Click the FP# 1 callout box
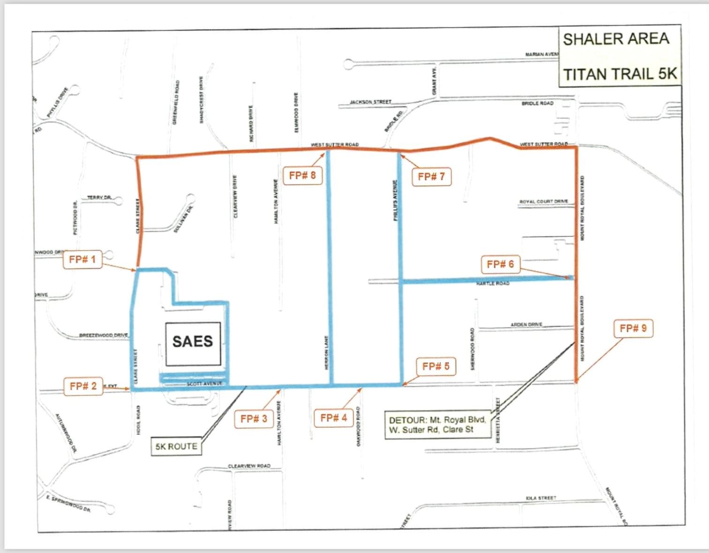click(83, 259)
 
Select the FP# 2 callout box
click(83, 386)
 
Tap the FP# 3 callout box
click(254, 419)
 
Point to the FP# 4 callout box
click(333, 418)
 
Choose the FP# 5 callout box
click(436, 366)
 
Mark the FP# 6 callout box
click(500, 265)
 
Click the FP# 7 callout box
click(431, 177)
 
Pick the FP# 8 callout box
click(302, 176)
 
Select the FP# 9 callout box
click(633, 328)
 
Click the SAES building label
click(193, 341)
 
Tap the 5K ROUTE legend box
click(176, 447)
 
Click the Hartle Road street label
click(492, 284)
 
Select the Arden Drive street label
click(526, 325)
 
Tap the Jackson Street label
click(370, 102)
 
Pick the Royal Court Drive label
click(543, 202)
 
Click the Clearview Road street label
click(249, 466)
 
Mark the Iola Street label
click(541, 498)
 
